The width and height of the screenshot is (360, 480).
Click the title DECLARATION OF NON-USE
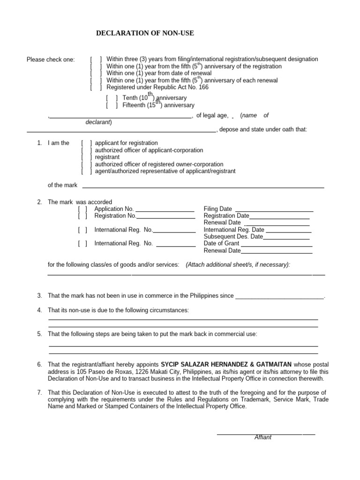coord(145,33)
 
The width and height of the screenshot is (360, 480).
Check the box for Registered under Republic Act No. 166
coord(96,87)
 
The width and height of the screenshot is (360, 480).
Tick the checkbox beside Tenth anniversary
coord(112,98)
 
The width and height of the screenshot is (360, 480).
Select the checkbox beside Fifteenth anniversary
coord(112,105)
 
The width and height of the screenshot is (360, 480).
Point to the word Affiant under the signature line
coord(263,437)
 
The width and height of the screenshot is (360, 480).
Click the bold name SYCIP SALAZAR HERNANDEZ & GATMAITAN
coord(226,364)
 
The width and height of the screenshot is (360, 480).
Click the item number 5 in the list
coord(39,334)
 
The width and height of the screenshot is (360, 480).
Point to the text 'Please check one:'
coord(51,60)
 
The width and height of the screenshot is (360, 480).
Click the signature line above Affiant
coord(266,434)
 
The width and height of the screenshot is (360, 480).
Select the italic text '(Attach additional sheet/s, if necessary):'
coord(238,264)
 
